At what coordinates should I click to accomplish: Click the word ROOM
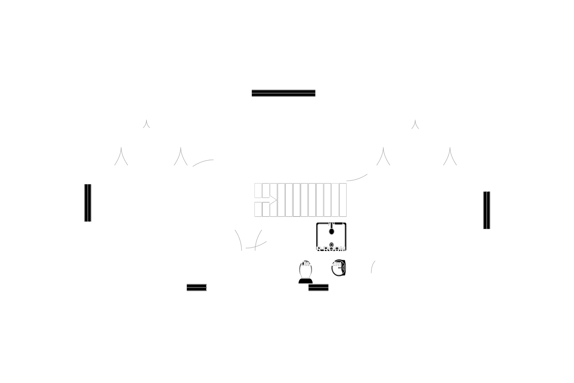[335, 249]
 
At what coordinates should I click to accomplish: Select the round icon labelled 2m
[338, 268]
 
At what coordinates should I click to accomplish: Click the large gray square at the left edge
[41, 175]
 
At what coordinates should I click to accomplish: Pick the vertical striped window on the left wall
[87, 203]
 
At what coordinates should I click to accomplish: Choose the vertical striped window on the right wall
[486, 210]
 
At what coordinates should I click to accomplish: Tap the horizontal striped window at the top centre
[283, 93]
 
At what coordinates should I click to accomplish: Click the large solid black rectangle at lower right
[417, 254]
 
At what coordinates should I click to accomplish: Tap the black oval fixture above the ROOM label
[331, 231]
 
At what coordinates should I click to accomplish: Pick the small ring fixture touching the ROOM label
[331, 245]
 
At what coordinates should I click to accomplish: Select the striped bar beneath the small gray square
[196, 288]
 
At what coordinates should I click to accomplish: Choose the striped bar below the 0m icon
[319, 288]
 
